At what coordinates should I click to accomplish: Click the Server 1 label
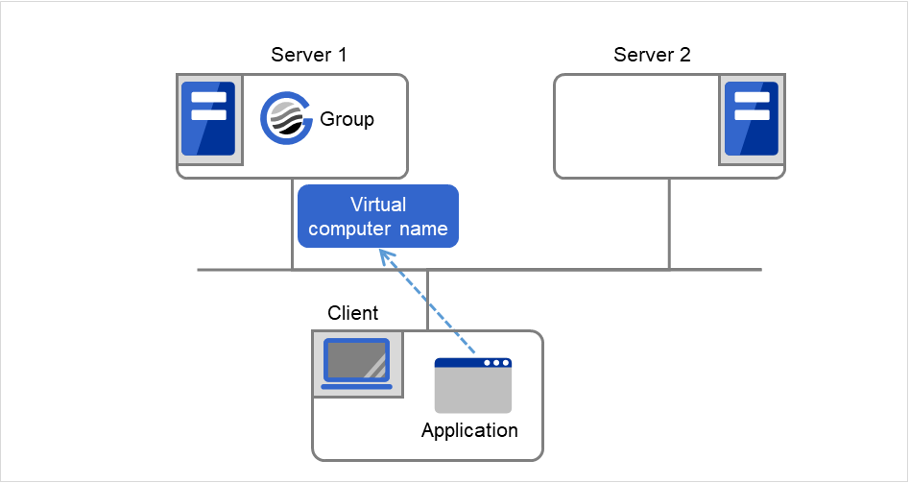click(308, 54)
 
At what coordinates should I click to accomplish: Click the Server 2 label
click(652, 54)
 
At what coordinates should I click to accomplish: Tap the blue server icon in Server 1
click(208, 120)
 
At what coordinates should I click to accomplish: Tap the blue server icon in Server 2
click(751, 120)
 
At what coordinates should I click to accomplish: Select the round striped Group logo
click(286, 120)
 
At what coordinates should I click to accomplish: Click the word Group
click(347, 120)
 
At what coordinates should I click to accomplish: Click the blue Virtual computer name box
click(377, 216)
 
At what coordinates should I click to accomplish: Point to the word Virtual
click(378, 205)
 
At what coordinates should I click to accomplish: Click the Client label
click(353, 313)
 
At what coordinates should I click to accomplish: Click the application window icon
click(472, 386)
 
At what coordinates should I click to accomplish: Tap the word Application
click(469, 430)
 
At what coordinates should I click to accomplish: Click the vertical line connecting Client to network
click(428, 299)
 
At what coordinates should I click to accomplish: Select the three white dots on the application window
click(495, 363)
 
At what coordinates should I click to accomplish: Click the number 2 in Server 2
click(684, 54)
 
